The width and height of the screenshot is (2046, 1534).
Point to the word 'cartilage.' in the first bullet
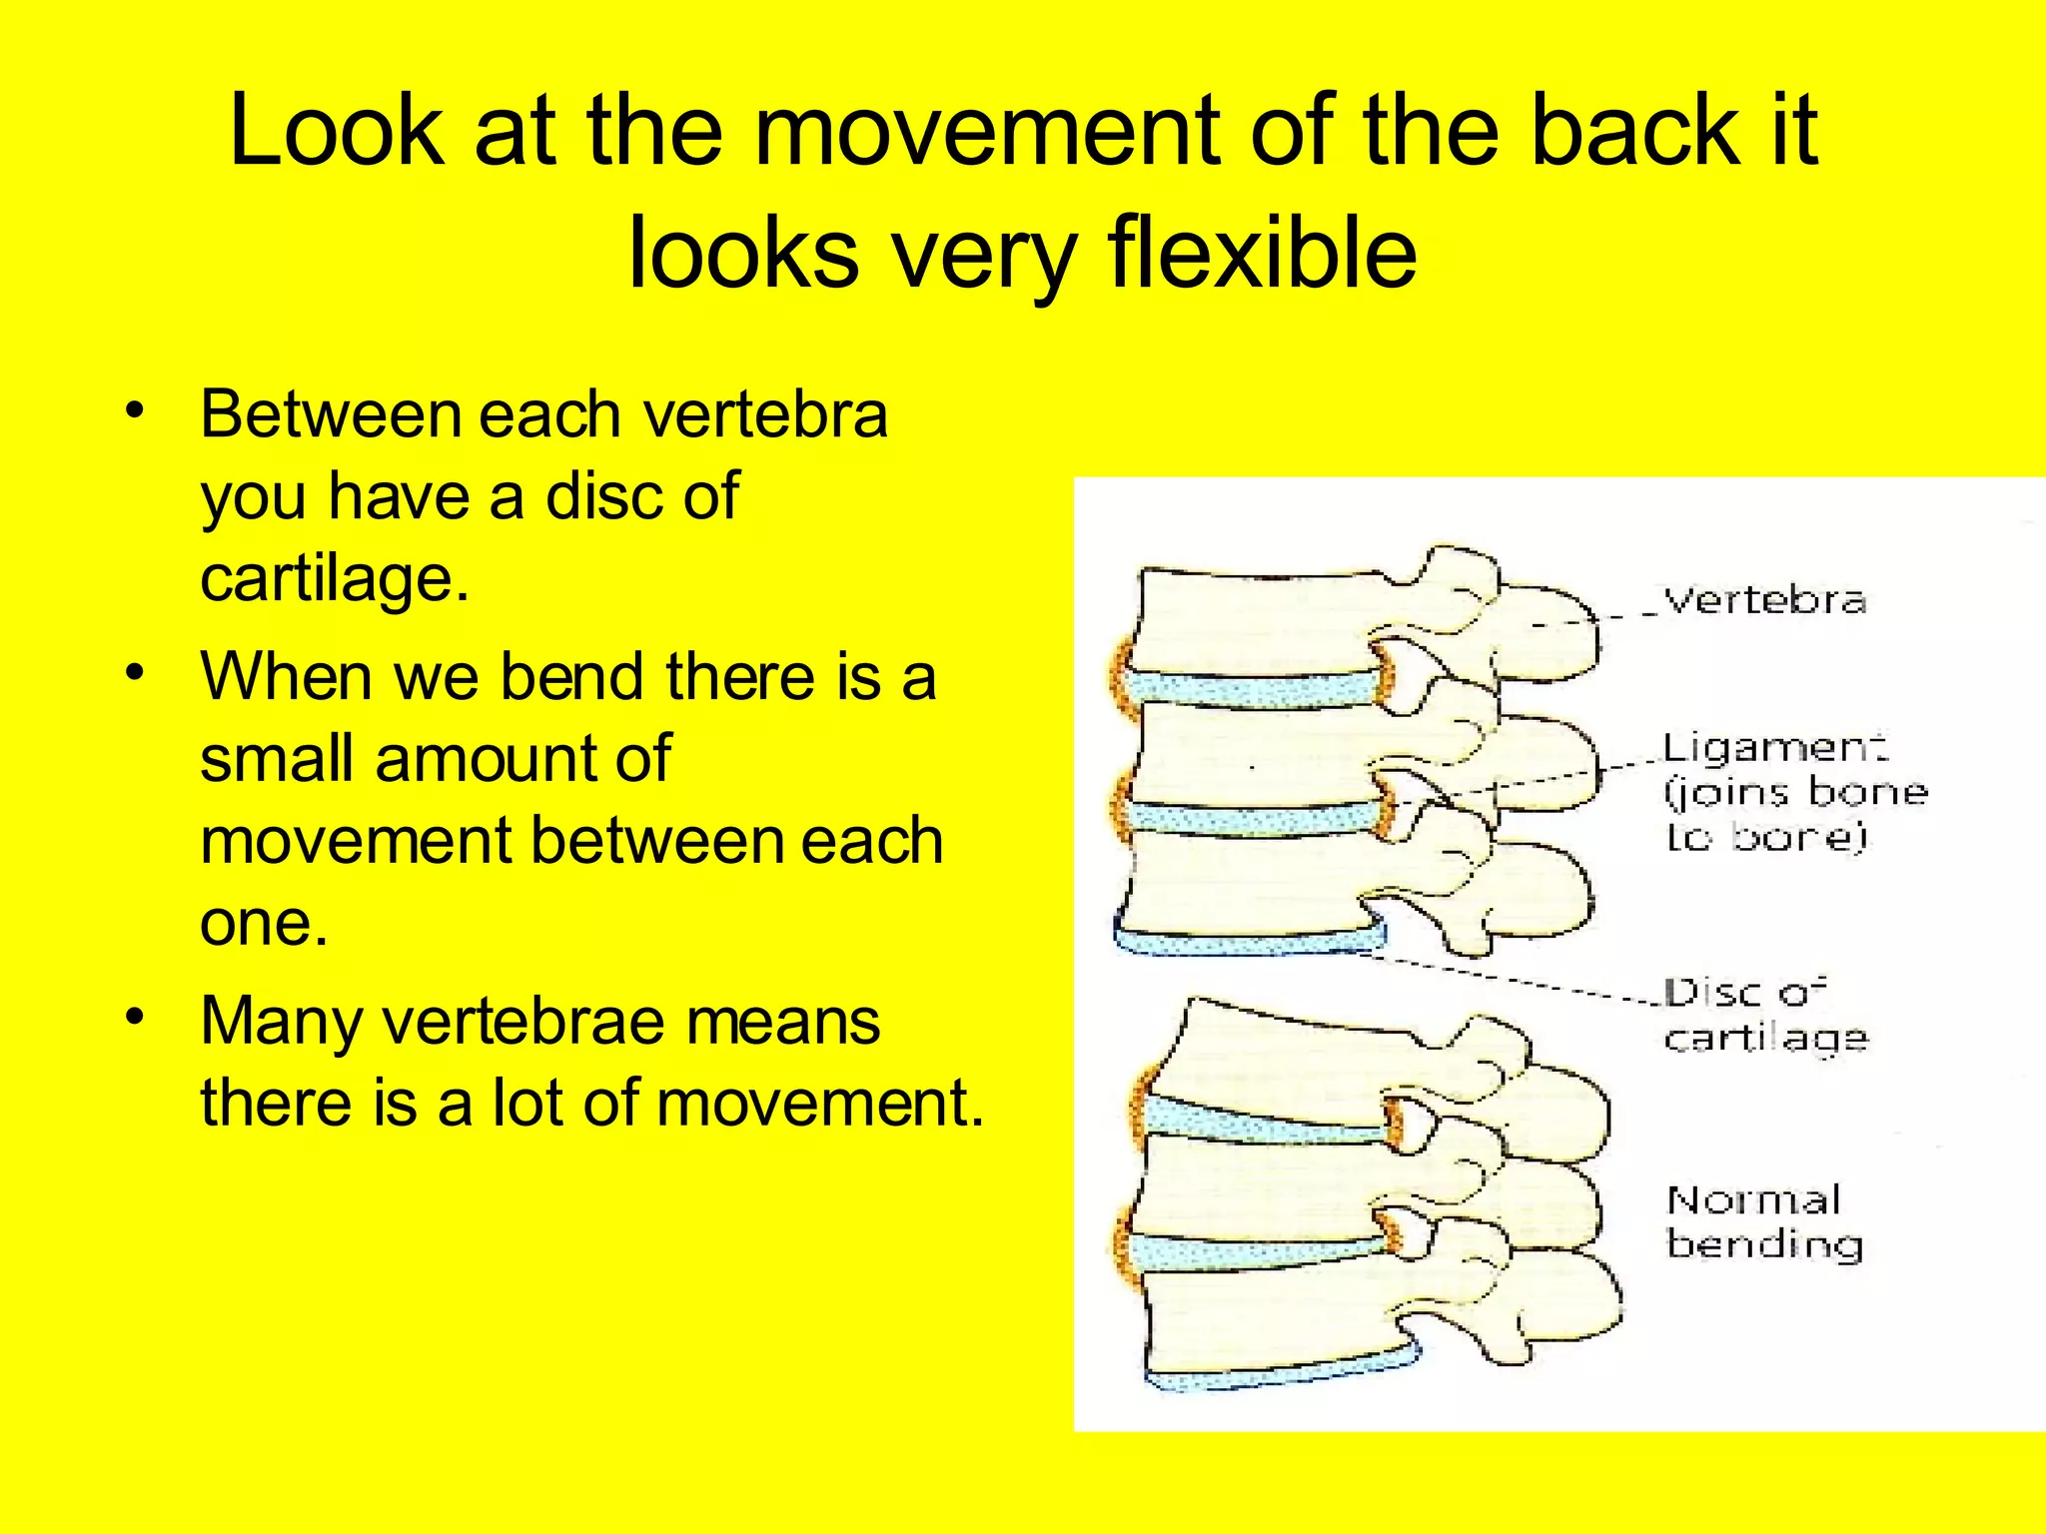[335, 579]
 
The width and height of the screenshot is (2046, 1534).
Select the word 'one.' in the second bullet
[264, 923]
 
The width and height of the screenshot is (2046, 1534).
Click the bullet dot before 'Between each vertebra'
[136, 410]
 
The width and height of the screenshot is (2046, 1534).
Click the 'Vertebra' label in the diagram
[1764, 600]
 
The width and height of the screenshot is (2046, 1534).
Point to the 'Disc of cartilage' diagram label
[1764, 1015]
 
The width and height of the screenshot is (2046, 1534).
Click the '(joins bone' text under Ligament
[1794, 793]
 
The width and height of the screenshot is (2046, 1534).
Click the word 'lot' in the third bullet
[528, 1104]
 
